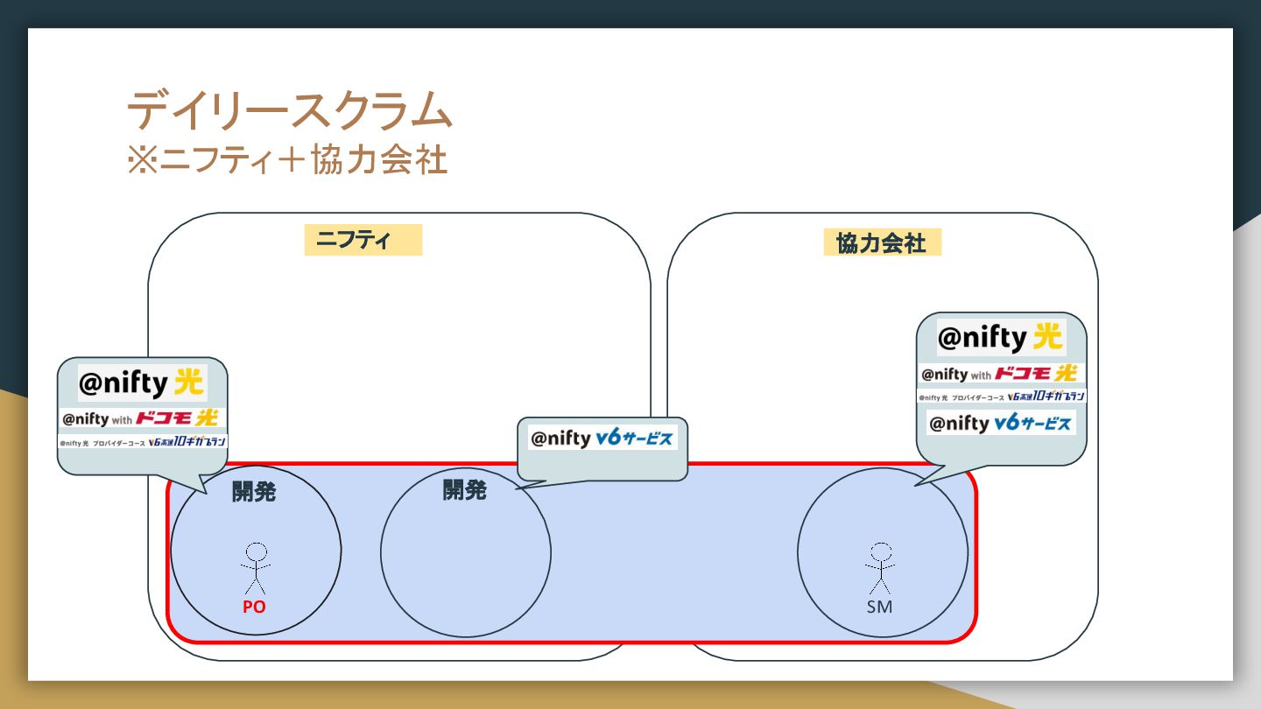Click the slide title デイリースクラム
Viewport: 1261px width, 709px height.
[289, 111]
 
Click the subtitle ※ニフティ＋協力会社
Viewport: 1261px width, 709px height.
[287, 159]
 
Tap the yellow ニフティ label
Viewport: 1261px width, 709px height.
[363, 240]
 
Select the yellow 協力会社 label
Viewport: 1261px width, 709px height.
[881, 242]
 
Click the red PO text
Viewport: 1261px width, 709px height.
[254, 606]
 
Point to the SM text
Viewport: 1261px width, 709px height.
[879, 606]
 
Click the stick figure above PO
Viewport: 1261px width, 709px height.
[256, 567]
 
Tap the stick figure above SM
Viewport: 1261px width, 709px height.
[881, 567]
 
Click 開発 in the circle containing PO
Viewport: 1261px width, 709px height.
[254, 492]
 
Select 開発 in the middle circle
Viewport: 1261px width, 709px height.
[464, 490]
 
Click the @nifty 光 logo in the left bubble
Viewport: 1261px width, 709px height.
[142, 383]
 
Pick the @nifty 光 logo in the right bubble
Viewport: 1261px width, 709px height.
[1000, 337]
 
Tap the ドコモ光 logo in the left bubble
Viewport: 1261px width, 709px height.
[142, 418]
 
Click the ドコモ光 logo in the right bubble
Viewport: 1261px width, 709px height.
[999, 374]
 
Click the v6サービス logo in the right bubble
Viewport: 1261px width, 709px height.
[1001, 424]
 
